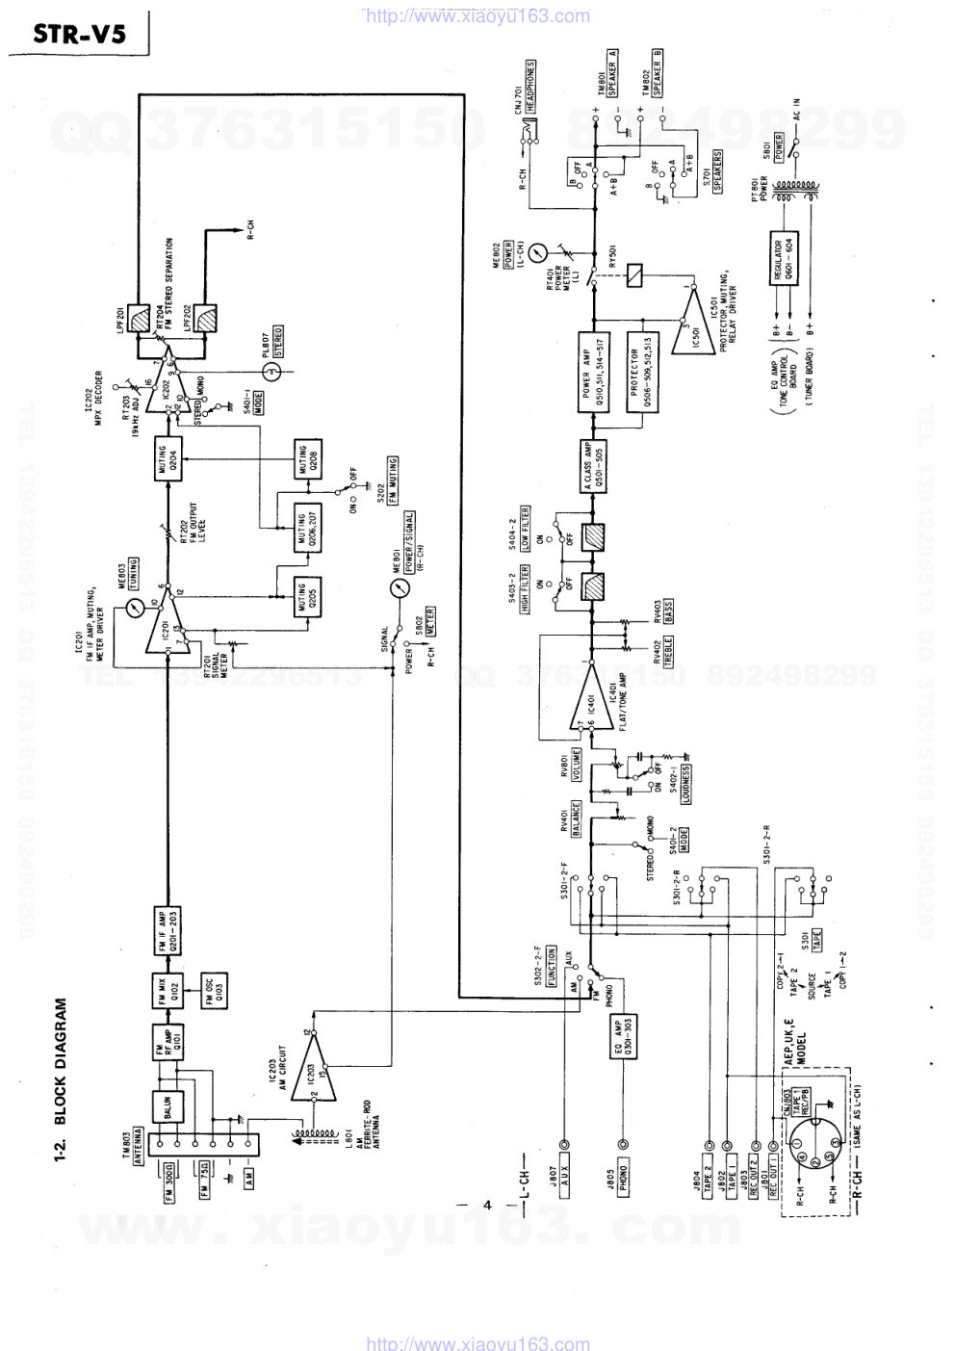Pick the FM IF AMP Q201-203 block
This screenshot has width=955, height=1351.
pyautogui.click(x=166, y=930)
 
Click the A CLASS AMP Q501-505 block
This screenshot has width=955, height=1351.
pyautogui.click(x=587, y=465)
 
